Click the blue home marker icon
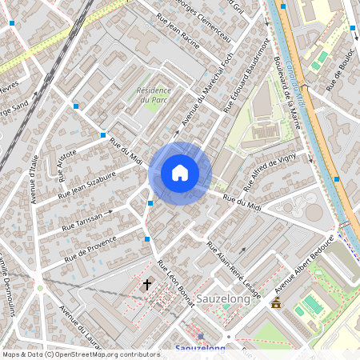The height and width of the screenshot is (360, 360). (x=180, y=173)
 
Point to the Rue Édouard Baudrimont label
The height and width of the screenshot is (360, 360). (x=244, y=79)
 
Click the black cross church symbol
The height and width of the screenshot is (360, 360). (x=146, y=283)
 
